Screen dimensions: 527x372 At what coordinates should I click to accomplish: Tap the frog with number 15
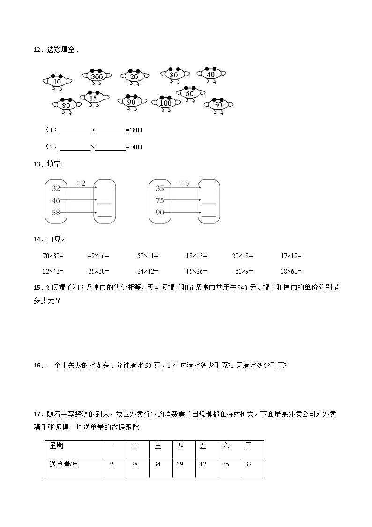tap(94, 98)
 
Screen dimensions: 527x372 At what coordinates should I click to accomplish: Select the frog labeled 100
tap(165, 102)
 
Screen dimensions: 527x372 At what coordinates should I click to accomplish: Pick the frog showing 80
tap(66, 105)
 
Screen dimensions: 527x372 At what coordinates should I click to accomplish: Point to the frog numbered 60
tap(190, 93)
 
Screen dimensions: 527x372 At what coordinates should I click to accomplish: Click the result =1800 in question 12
tap(134, 130)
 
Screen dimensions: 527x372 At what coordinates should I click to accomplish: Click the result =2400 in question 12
tap(134, 147)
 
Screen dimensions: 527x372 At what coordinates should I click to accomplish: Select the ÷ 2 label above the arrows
tap(80, 183)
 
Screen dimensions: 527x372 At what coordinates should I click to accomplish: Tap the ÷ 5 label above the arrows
tap(184, 183)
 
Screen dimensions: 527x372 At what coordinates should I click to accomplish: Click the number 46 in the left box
tap(56, 200)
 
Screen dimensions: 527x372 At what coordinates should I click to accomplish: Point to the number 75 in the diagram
tap(160, 200)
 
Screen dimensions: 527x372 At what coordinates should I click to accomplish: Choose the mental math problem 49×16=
tap(98, 256)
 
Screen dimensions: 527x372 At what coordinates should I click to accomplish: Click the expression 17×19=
tap(291, 256)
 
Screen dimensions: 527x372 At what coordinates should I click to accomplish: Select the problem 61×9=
tap(245, 271)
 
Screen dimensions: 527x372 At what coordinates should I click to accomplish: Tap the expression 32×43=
tap(52, 271)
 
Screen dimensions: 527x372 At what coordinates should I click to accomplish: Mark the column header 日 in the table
tap(248, 446)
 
